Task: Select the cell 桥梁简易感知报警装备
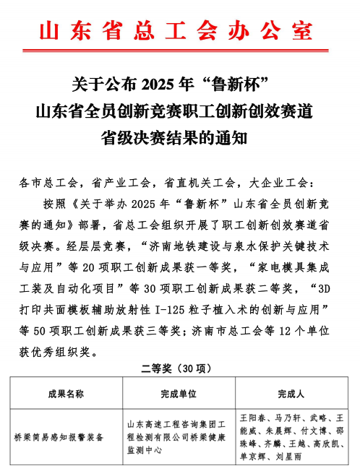[59, 437]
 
